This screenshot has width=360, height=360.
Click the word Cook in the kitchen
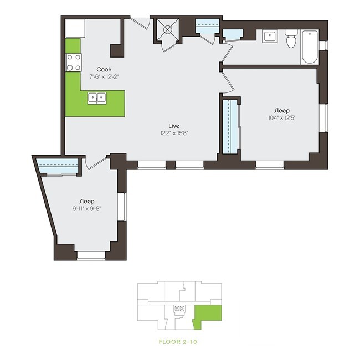[x=104, y=69]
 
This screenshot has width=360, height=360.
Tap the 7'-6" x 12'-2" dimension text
[x=104, y=77]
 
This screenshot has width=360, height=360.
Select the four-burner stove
[x=74, y=62]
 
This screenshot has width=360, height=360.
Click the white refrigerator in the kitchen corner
[x=75, y=28]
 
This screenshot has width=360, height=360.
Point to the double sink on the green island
[x=97, y=99]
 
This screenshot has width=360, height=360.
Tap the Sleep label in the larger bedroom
[x=281, y=110]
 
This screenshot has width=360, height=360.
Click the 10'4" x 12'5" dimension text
[x=281, y=117]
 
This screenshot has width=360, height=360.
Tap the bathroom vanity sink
[x=270, y=37]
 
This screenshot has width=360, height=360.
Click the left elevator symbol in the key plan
[x=177, y=308]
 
